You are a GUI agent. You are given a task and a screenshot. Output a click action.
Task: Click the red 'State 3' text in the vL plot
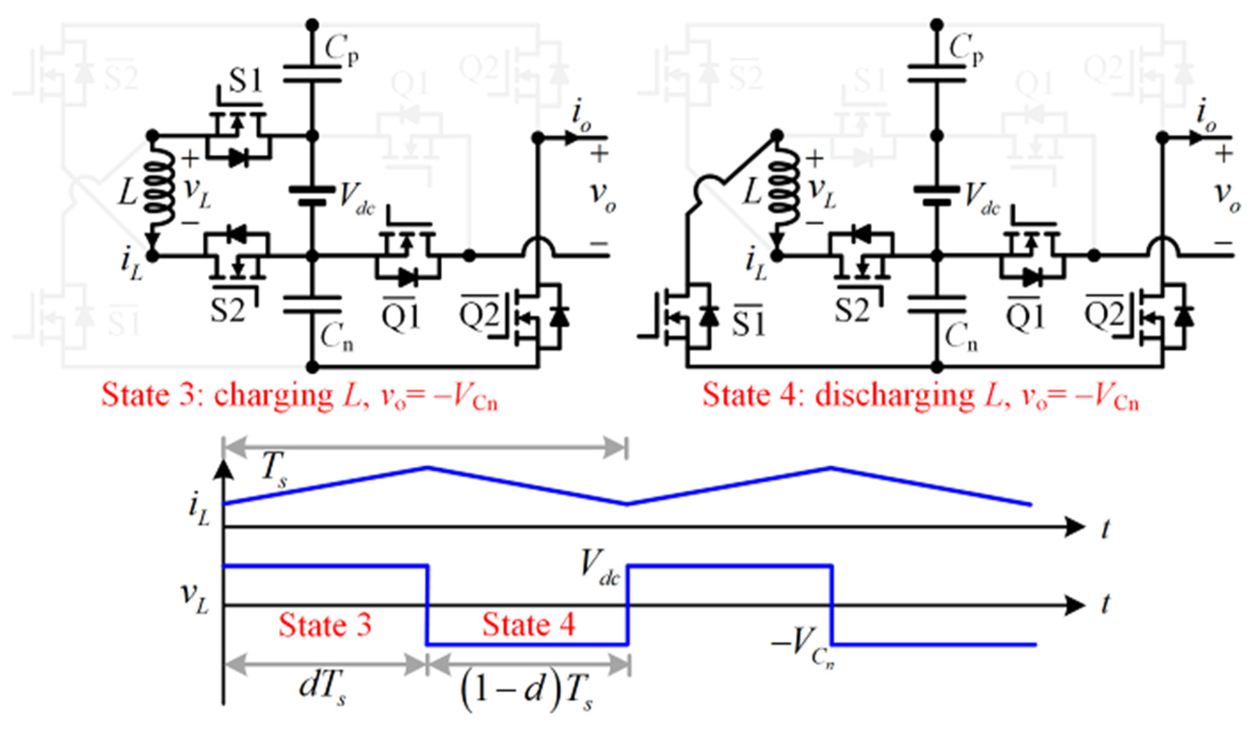click(325, 625)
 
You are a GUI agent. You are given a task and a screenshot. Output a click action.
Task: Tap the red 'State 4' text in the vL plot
click(528, 625)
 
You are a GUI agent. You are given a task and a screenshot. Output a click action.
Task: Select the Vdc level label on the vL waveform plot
click(600, 571)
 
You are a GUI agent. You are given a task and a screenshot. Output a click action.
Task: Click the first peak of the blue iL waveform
click(427, 467)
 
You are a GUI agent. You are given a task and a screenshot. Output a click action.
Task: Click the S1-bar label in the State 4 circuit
click(748, 322)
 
